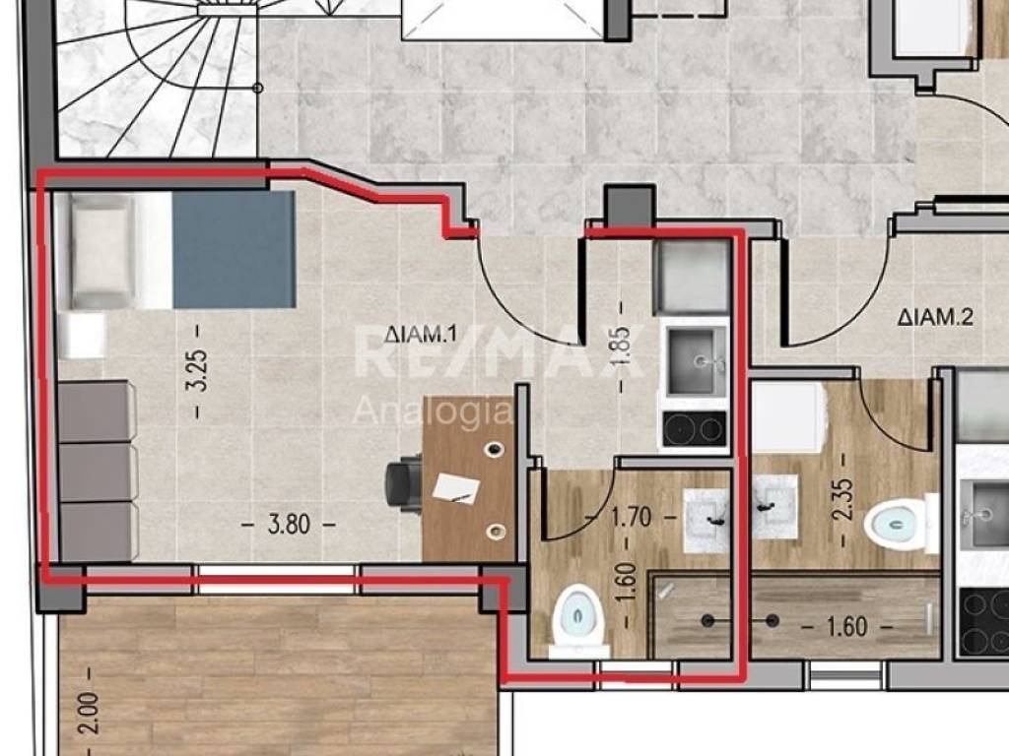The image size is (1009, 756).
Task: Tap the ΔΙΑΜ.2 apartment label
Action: coord(935,317)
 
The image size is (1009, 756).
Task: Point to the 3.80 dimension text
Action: coord(289,525)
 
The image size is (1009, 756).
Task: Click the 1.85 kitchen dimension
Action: coord(623,347)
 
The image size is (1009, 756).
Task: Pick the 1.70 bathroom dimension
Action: coord(631,517)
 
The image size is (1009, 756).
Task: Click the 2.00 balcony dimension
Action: coord(90,713)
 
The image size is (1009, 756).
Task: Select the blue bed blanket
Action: coord(234,249)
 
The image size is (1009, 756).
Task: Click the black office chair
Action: coord(403,482)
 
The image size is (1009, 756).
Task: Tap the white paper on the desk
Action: coord(456,488)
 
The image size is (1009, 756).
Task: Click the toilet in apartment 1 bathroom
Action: coord(578,621)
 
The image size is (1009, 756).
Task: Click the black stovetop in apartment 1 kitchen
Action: coord(695,429)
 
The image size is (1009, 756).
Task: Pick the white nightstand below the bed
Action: coord(83,335)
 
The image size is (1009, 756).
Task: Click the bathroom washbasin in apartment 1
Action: coord(706,520)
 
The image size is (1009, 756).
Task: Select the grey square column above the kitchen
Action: coord(630,206)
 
